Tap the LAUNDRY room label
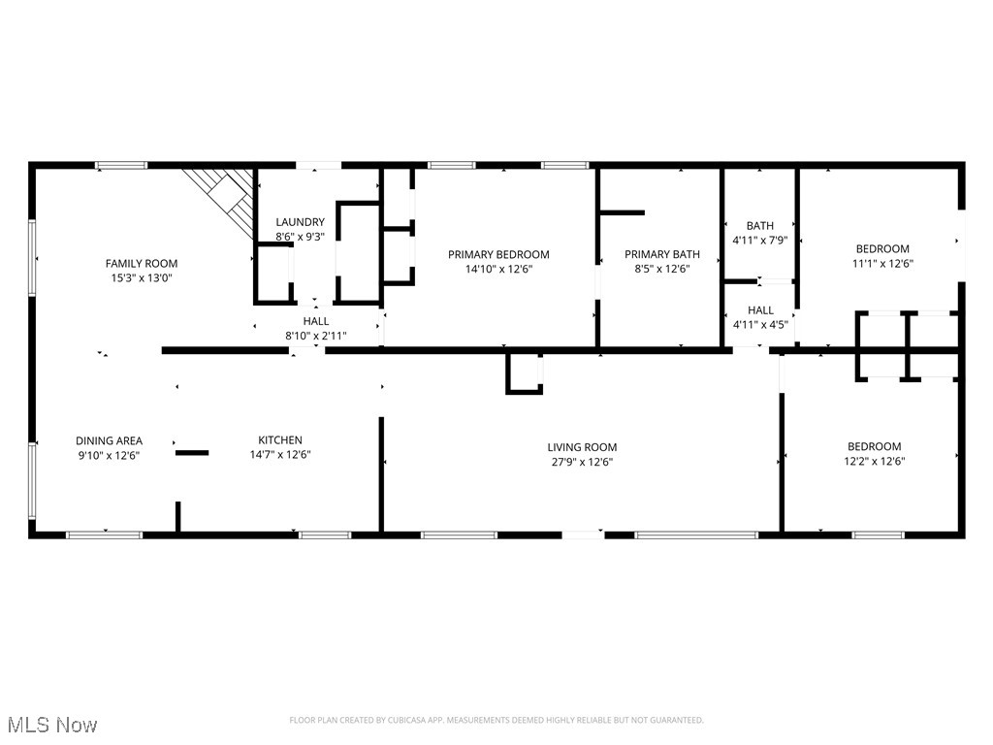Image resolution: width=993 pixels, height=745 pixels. tap(300, 222)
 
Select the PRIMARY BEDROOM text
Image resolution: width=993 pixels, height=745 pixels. tap(498, 254)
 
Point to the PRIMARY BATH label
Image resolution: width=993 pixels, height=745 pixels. tap(661, 254)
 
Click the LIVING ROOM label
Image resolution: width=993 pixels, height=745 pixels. tap(582, 447)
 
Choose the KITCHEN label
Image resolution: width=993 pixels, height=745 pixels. tap(279, 439)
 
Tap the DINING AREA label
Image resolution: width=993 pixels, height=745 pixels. tap(109, 440)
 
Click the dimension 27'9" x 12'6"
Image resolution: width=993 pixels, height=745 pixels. tap(582, 462)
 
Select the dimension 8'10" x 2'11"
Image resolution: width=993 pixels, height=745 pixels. tap(315, 336)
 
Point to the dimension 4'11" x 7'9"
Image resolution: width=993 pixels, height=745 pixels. tap(760, 240)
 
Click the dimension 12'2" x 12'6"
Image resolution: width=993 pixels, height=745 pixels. tap(874, 462)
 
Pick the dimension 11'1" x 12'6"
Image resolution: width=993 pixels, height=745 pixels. tap(882, 263)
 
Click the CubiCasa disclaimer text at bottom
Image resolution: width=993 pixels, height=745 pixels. tap(496, 720)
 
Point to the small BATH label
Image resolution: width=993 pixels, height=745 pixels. tap(760, 226)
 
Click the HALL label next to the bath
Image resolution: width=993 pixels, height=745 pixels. tap(760, 310)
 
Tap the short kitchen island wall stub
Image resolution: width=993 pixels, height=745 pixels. tap(191, 452)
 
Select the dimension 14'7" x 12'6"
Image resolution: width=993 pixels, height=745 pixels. tap(279, 454)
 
